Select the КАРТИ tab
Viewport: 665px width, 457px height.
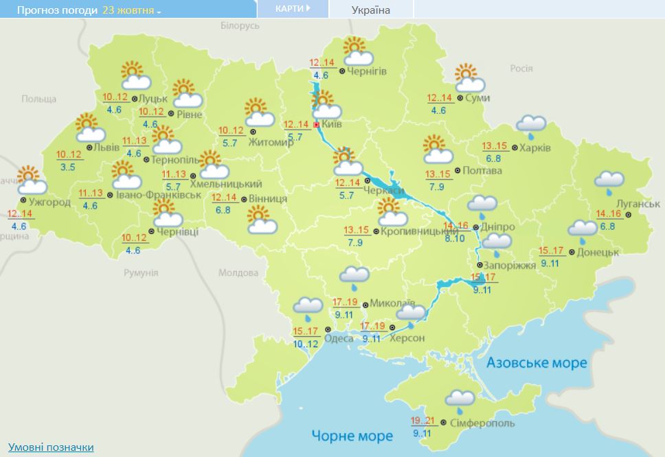click(x=292, y=8)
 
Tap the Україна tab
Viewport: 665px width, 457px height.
click(x=370, y=10)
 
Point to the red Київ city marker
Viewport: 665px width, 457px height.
click(x=316, y=125)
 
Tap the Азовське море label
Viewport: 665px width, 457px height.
click(x=537, y=362)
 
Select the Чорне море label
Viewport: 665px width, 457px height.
click(x=352, y=436)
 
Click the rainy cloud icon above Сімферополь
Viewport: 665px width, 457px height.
click(x=460, y=399)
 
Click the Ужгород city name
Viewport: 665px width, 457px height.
click(x=50, y=202)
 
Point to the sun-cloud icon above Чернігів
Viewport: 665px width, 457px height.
click(x=357, y=52)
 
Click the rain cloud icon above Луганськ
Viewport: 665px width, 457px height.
click(x=609, y=180)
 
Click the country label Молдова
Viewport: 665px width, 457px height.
click(x=237, y=272)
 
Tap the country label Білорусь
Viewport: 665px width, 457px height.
click(x=239, y=25)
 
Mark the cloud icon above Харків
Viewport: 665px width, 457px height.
click(x=530, y=125)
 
